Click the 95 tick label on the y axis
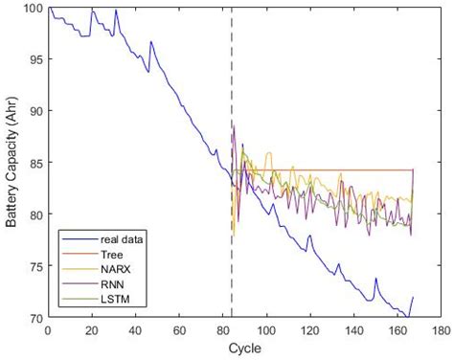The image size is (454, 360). coord(36,59)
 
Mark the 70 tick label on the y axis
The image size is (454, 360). coord(36,317)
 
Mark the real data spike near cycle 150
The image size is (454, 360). coord(375,279)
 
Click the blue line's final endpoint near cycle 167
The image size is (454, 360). coord(412,298)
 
